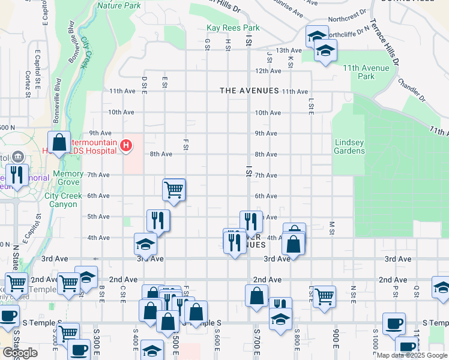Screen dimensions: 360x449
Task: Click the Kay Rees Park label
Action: [x=233, y=28]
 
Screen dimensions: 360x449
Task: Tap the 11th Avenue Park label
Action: [x=367, y=72]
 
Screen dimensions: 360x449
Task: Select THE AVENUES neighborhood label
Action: [x=249, y=91]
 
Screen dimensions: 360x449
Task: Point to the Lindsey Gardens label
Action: [x=349, y=146]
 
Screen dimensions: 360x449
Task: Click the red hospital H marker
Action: [x=126, y=145]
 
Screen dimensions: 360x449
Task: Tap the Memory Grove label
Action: [x=68, y=178]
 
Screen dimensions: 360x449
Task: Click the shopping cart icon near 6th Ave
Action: [x=173, y=190]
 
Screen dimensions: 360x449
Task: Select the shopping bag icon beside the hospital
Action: [x=59, y=143]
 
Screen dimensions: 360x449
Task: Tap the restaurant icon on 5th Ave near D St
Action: [x=158, y=220]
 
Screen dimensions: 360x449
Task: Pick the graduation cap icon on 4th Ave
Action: [x=145, y=244]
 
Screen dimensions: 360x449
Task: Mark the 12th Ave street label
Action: [x=268, y=71]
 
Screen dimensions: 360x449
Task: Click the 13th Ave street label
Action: [x=288, y=50]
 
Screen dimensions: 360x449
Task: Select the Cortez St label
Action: [x=28, y=84]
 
